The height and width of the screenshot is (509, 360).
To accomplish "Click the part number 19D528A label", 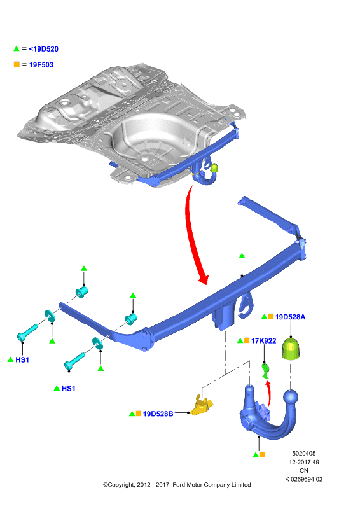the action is coord(290,317).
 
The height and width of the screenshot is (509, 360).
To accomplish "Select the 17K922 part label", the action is coord(263,341).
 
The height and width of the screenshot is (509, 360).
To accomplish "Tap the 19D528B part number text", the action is coord(158,414).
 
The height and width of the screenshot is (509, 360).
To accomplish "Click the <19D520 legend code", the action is coord(43,49).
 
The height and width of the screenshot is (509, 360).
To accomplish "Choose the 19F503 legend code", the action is coord(41,65).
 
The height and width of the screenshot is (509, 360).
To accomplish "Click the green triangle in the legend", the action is coord(17,49).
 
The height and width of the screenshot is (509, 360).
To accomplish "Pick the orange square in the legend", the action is coord(17,64).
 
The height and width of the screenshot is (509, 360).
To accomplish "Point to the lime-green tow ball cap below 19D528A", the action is coord(291,349).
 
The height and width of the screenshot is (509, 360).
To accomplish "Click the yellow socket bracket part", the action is coord(201,406).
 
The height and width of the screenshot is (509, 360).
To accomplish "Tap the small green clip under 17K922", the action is coord(265,371).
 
